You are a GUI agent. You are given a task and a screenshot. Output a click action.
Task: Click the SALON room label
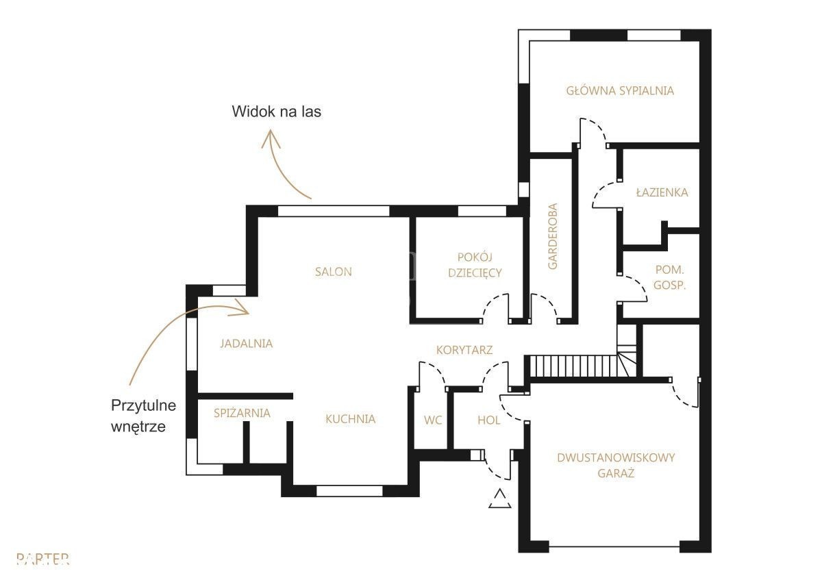click(x=333, y=272)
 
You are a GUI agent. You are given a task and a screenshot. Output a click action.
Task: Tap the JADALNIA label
click(x=246, y=344)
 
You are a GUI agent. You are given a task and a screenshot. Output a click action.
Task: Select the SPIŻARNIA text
click(x=242, y=413)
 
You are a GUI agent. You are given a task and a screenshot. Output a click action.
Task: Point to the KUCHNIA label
click(x=351, y=419)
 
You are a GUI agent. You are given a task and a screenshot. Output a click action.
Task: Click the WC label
click(x=433, y=420)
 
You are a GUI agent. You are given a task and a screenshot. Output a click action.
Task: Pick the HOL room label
click(x=489, y=420)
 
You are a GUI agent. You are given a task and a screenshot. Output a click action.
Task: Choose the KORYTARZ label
click(x=464, y=350)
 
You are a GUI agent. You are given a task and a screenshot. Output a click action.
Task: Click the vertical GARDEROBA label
click(x=552, y=236)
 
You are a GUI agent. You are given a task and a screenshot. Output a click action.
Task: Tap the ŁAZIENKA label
click(x=662, y=192)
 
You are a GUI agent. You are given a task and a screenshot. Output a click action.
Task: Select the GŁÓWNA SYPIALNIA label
click(x=620, y=90)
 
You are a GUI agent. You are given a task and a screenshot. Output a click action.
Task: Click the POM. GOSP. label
click(x=670, y=277)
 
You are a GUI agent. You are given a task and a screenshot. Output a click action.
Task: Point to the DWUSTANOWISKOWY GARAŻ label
click(x=616, y=466)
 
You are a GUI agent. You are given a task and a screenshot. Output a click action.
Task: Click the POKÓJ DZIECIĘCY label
click(x=475, y=265)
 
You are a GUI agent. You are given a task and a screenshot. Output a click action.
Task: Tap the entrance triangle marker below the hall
click(x=500, y=498)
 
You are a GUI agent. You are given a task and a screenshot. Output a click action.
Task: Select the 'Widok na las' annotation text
click(x=276, y=112)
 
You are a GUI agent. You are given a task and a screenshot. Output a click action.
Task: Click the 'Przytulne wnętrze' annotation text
click(x=143, y=416)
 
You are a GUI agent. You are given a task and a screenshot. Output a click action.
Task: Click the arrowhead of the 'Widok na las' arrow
click(x=271, y=138)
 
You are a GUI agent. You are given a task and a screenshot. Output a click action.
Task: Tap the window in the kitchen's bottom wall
click(x=349, y=491)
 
